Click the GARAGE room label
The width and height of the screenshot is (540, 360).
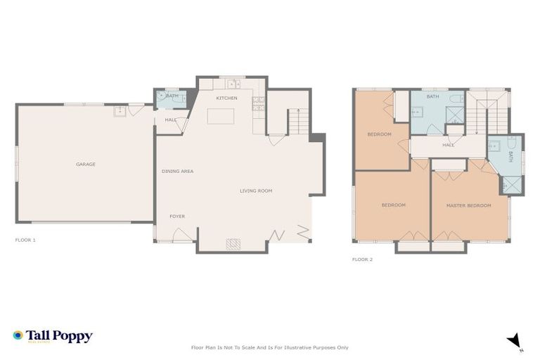[x=86, y=165]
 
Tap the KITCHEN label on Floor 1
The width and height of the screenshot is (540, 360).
[x=226, y=98]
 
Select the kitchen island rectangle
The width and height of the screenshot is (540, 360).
[x=220, y=116]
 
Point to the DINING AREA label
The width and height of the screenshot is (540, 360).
[x=177, y=171]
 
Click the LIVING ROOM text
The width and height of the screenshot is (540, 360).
[x=255, y=191]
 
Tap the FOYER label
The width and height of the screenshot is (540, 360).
[x=177, y=216]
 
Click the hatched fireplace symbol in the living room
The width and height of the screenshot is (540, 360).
[x=233, y=243]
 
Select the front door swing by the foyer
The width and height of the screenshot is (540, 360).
[x=181, y=235]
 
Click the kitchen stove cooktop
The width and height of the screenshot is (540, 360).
[x=258, y=103]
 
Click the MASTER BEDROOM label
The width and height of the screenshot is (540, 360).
[x=468, y=205]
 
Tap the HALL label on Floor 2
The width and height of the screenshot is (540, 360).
[x=448, y=146]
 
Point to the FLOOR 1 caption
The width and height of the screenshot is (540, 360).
[x=25, y=240]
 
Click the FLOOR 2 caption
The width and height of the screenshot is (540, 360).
[x=362, y=259]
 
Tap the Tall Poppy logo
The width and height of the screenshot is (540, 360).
[x=53, y=336]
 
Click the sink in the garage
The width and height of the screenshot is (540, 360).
[x=120, y=110]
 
